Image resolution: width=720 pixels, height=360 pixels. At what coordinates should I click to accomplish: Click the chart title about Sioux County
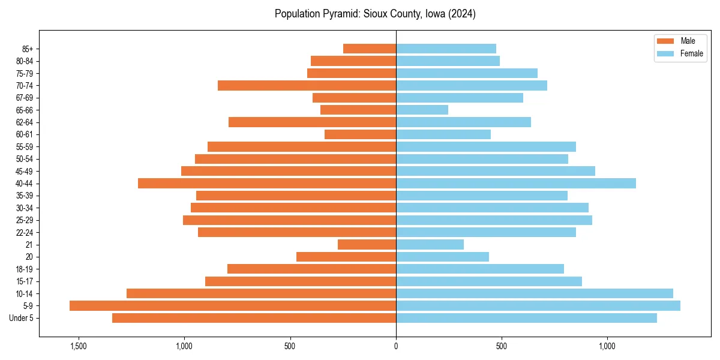(375, 14)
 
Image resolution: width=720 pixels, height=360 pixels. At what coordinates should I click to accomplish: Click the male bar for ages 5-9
(233, 305)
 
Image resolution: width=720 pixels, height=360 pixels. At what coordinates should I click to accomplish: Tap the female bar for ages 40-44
(516, 183)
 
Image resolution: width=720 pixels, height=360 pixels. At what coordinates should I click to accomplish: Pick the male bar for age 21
(367, 244)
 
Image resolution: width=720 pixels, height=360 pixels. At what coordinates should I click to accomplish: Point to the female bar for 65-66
(422, 110)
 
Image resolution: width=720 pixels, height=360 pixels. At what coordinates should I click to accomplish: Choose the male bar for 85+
(370, 49)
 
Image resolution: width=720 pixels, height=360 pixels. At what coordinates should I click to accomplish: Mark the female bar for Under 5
(526, 318)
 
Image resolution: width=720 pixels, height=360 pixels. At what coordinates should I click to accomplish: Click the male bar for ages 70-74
(307, 85)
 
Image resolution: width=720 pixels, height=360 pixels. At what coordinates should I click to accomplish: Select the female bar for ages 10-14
(535, 293)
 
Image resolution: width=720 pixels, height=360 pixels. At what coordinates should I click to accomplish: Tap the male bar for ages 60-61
(360, 134)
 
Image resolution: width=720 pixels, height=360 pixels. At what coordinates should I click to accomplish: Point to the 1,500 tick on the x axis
(79, 346)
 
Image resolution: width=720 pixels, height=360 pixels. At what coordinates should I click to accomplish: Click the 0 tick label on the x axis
(396, 346)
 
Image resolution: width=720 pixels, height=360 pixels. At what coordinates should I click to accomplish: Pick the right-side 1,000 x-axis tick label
(607, 346)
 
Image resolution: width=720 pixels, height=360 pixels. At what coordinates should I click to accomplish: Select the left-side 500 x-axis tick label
(290, 346)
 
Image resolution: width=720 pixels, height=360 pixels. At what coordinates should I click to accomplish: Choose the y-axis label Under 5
(21, 318)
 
